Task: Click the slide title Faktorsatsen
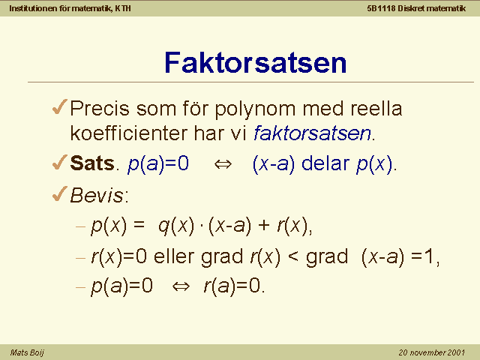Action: click(x=255, y=63)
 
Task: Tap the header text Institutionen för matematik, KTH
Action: click(x=70, y=8)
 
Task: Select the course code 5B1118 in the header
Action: click(x=382, y=8)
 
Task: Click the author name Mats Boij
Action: click(x=27, y=352)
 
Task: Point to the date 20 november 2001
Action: click(x=432, y=352)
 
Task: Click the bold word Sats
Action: click(x=92, y=163)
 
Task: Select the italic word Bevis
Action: click(x=97, y=195)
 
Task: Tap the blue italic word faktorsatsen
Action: click(x=312, y=133)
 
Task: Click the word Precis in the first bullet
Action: click(x=100, y=108)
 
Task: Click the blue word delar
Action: click(x=325, y=163)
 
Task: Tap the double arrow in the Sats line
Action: click(x=223, y=164)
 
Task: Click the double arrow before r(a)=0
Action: click(x=181, y=286)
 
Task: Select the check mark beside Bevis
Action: click(x=60, y=193)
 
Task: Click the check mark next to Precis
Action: click(x=60, y=106)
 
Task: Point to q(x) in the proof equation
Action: click(x=176, y=226)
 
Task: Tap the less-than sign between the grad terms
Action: click(x=293, y=256)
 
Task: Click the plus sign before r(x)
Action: click(x=264, y=226)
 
